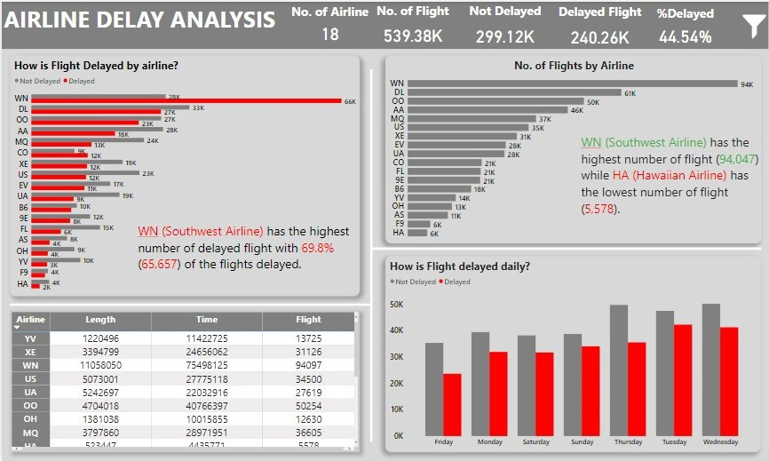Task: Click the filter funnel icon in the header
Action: coord(751,26)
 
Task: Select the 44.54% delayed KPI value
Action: coord(685,36)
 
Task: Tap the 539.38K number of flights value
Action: coord(413,36)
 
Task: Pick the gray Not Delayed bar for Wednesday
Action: coord(710,370)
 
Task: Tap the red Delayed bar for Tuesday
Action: coord(682,379)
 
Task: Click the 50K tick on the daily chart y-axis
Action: coord(397,304)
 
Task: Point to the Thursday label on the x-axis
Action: coord(627,441)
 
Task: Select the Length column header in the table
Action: coord(100,320)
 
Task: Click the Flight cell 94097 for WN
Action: coord(309,365)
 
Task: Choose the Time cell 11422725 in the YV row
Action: coord(207,338)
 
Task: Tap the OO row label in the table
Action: coord(30,405)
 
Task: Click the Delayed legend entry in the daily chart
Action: coord(456,282)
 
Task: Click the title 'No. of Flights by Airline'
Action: coord(574,66)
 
